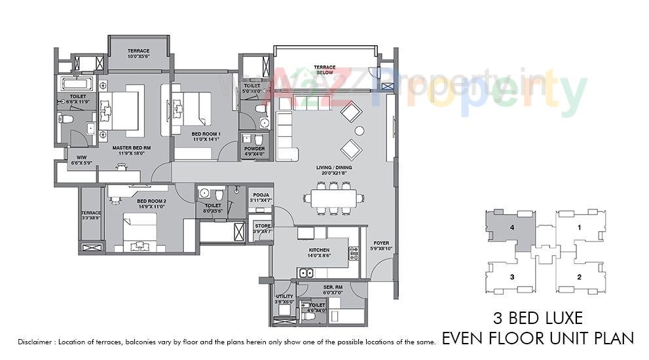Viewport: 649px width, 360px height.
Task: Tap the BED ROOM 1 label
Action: tap(187, 134)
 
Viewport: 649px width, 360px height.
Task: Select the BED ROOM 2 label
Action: tap(151, 202)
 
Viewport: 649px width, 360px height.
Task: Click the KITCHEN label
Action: tap(318, 250)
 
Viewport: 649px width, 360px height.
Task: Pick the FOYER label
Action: tap(381, 243)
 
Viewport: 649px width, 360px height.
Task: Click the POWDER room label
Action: tap(254, 149)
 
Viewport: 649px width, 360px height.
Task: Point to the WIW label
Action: tap(81, 158)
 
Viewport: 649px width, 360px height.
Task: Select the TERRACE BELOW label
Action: tap(324, 69)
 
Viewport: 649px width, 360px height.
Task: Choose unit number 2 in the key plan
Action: tap(578, 277)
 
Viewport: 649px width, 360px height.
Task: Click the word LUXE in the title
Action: tap(559, 319)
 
